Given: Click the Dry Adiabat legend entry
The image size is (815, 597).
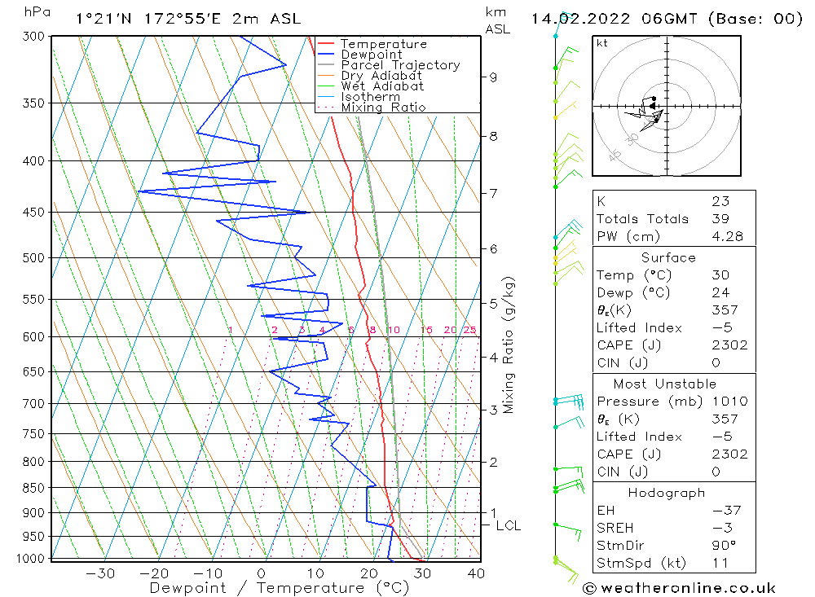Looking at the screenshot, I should [x=381, y=76].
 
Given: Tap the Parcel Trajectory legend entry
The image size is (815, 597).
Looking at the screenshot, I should [x=400, y=65].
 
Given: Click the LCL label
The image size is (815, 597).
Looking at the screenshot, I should [x=508, y=526].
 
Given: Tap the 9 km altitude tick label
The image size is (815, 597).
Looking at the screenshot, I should [x=494, y=77].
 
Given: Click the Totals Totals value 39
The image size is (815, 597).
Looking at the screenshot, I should [x=720, y=219].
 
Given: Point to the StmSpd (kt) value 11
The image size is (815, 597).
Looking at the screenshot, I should [x=720, y=563].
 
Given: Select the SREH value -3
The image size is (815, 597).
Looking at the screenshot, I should [x=720, y=528].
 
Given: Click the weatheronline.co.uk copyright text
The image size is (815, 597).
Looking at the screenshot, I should [x=678, y=588].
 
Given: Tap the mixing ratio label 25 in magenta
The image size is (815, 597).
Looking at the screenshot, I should [x=469, y=330].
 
